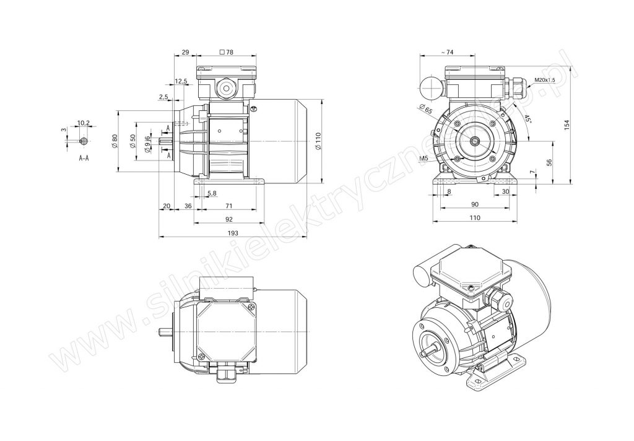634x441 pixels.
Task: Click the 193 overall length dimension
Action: (x=233, y=233)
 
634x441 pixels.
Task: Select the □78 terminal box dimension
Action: (x=226, y=52)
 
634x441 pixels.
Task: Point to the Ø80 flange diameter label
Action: (x=114, y=141)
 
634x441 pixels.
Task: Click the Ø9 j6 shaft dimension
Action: (x=148, y=144)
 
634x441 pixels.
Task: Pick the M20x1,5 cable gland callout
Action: (x=544, y=80)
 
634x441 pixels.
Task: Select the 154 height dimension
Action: (x=567, y=124)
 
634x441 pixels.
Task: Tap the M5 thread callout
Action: (x=423, y=159)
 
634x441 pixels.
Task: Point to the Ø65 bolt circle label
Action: (x=426, y=109)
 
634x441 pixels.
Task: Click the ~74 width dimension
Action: (x=447, y=52)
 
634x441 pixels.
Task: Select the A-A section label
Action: (x=84, y=158)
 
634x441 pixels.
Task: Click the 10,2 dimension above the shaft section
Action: (x=83, y=123)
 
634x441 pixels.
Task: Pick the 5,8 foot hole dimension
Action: (x=212, y=193)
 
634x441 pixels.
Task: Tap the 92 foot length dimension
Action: (x=229, y=219)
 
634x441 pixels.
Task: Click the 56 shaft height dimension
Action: (x=549, y=162)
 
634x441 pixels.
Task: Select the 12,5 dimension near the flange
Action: (x=181, y=81)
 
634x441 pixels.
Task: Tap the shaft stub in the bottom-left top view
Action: (x=165, y=331)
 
